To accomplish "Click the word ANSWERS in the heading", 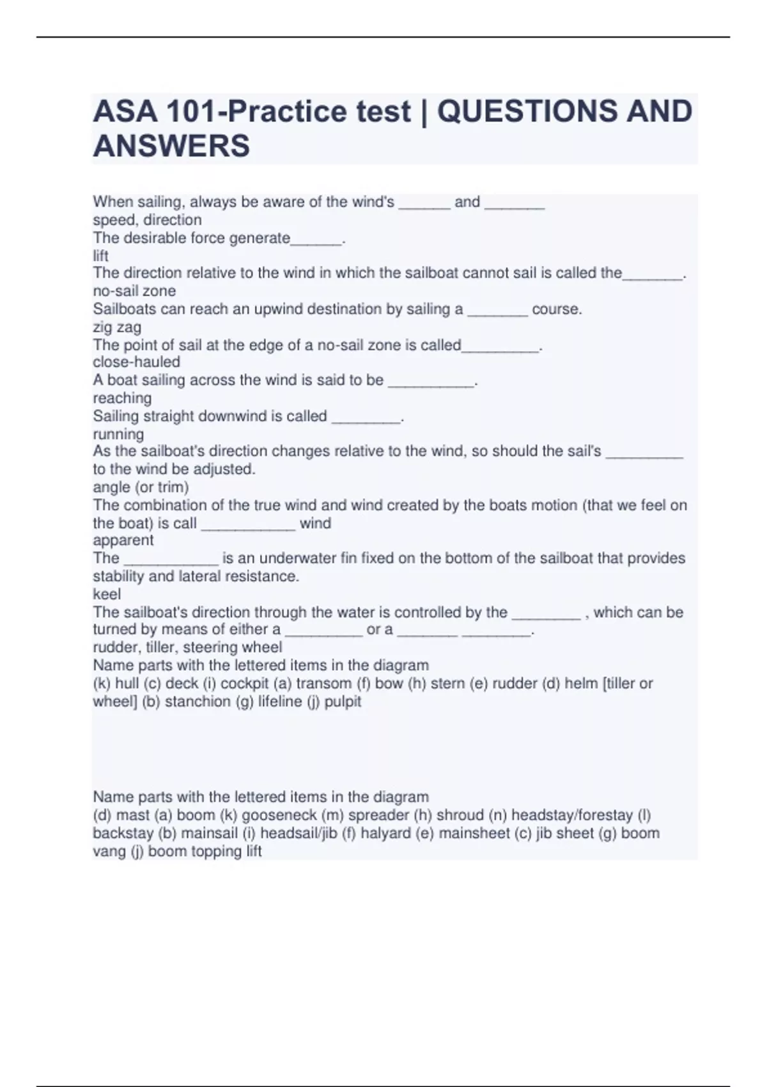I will (171, 146).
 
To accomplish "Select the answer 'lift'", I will (100, 256).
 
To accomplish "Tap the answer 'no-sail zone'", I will (134, 291).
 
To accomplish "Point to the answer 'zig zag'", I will (117, 327).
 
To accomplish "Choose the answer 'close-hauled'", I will (136, 362).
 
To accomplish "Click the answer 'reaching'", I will (122, 398).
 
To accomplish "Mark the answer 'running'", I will (118, 434).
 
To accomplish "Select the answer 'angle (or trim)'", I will (141, 487).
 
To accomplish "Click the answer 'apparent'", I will (123, 540).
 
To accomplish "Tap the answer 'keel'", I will (107, 594).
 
